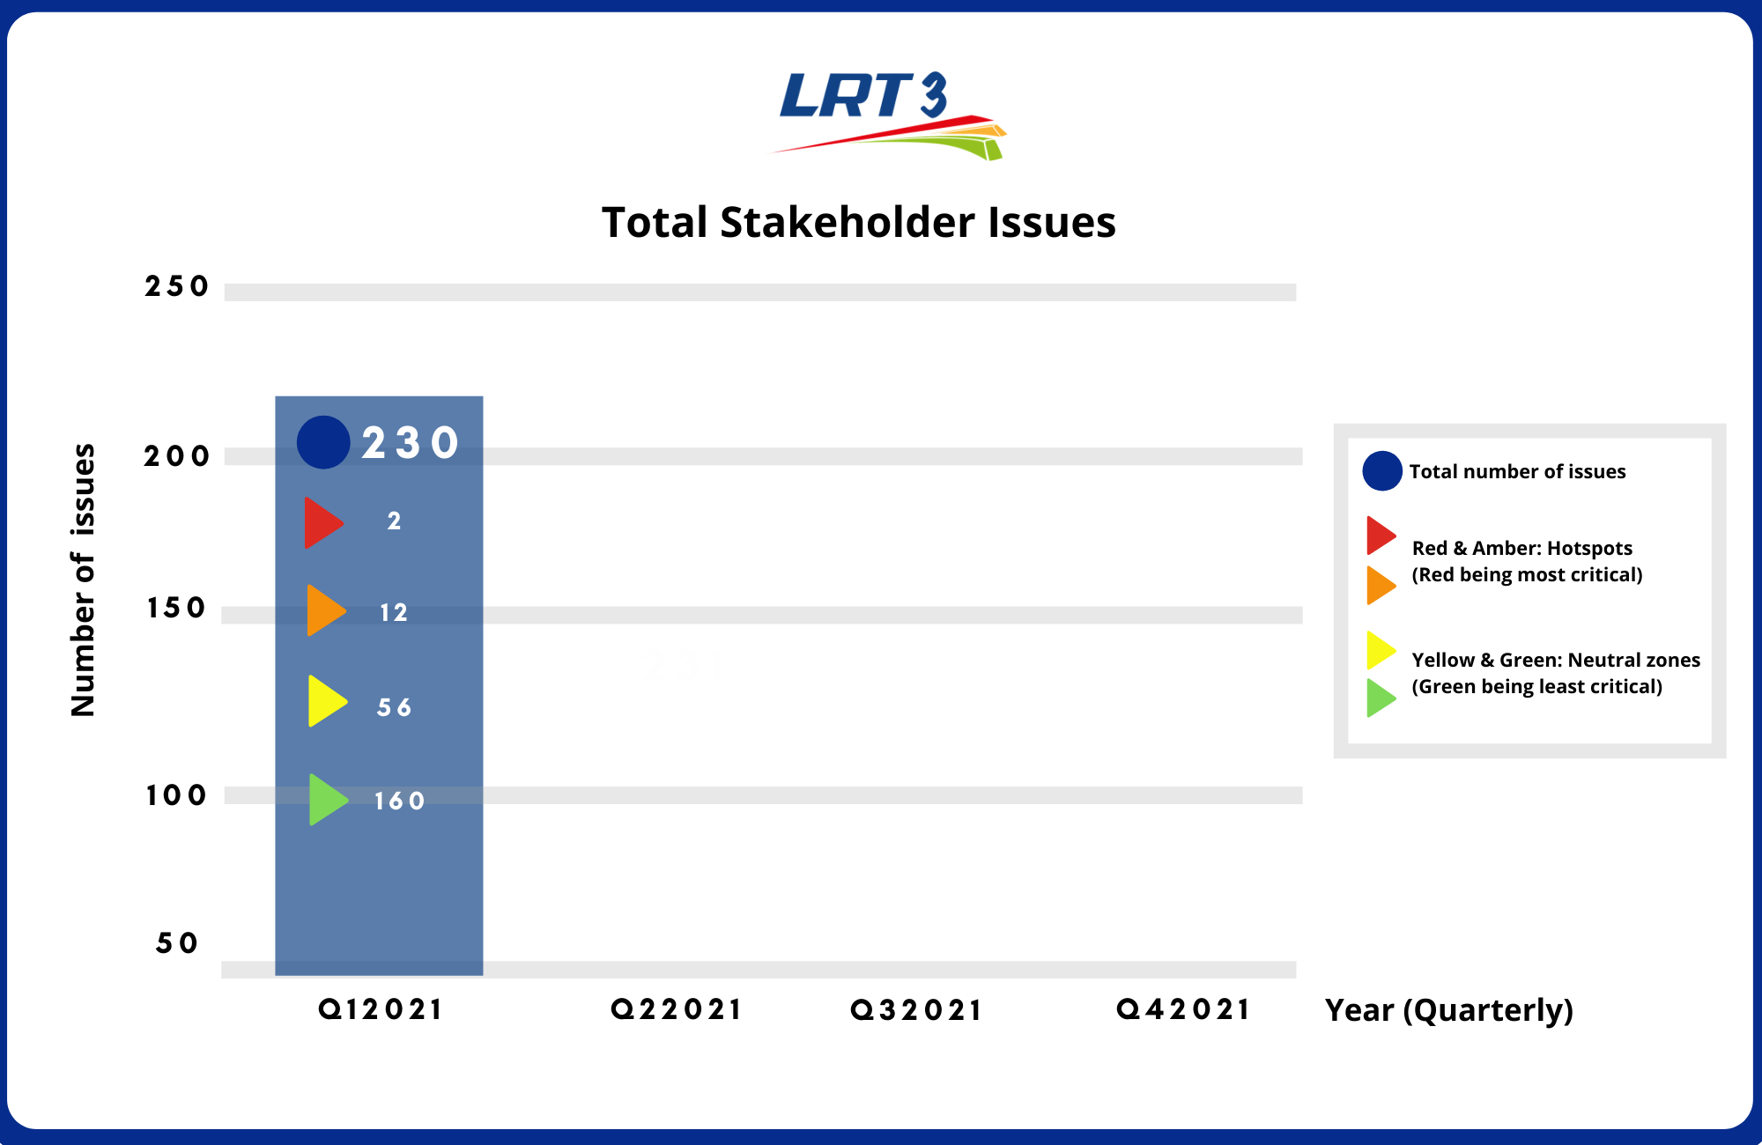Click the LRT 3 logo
(x=888, y=115)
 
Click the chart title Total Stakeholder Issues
(x=859, y=222)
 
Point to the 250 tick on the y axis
(x=177, y=286)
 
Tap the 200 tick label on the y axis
(x=177, y=456)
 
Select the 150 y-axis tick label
(x=176, y=608)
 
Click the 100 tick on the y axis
(x=176, y=795)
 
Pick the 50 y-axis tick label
(x=177, y=943)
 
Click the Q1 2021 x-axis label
(x=381, y=1009)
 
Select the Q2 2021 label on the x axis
(x=677, y=1009)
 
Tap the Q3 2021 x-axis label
(x=916, y=1010)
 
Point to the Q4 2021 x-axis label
(x=1183, y=1009)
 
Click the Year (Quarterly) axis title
(x=1449, y=1010)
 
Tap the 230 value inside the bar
(x=411, y=442)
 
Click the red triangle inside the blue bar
(x=322, y=522)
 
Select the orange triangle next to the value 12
(x=323, y=610)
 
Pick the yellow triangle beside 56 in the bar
(x=325, y=701)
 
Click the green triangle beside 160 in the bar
(x=326, y=800)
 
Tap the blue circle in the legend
(x=1382, y=471)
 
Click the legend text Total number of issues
(x=1517, y=472)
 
